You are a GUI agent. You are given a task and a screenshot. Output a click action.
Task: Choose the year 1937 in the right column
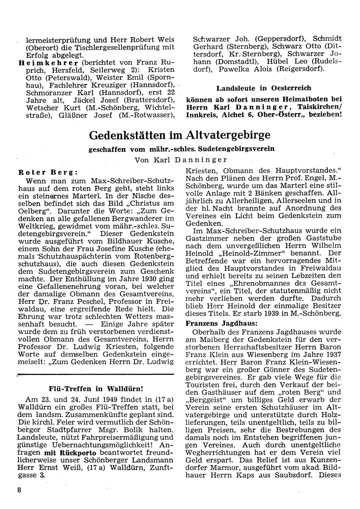pyautogui.click(x=332, y=354)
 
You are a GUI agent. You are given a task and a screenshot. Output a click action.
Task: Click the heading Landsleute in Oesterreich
pyautogui.click(x=264, y=88)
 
